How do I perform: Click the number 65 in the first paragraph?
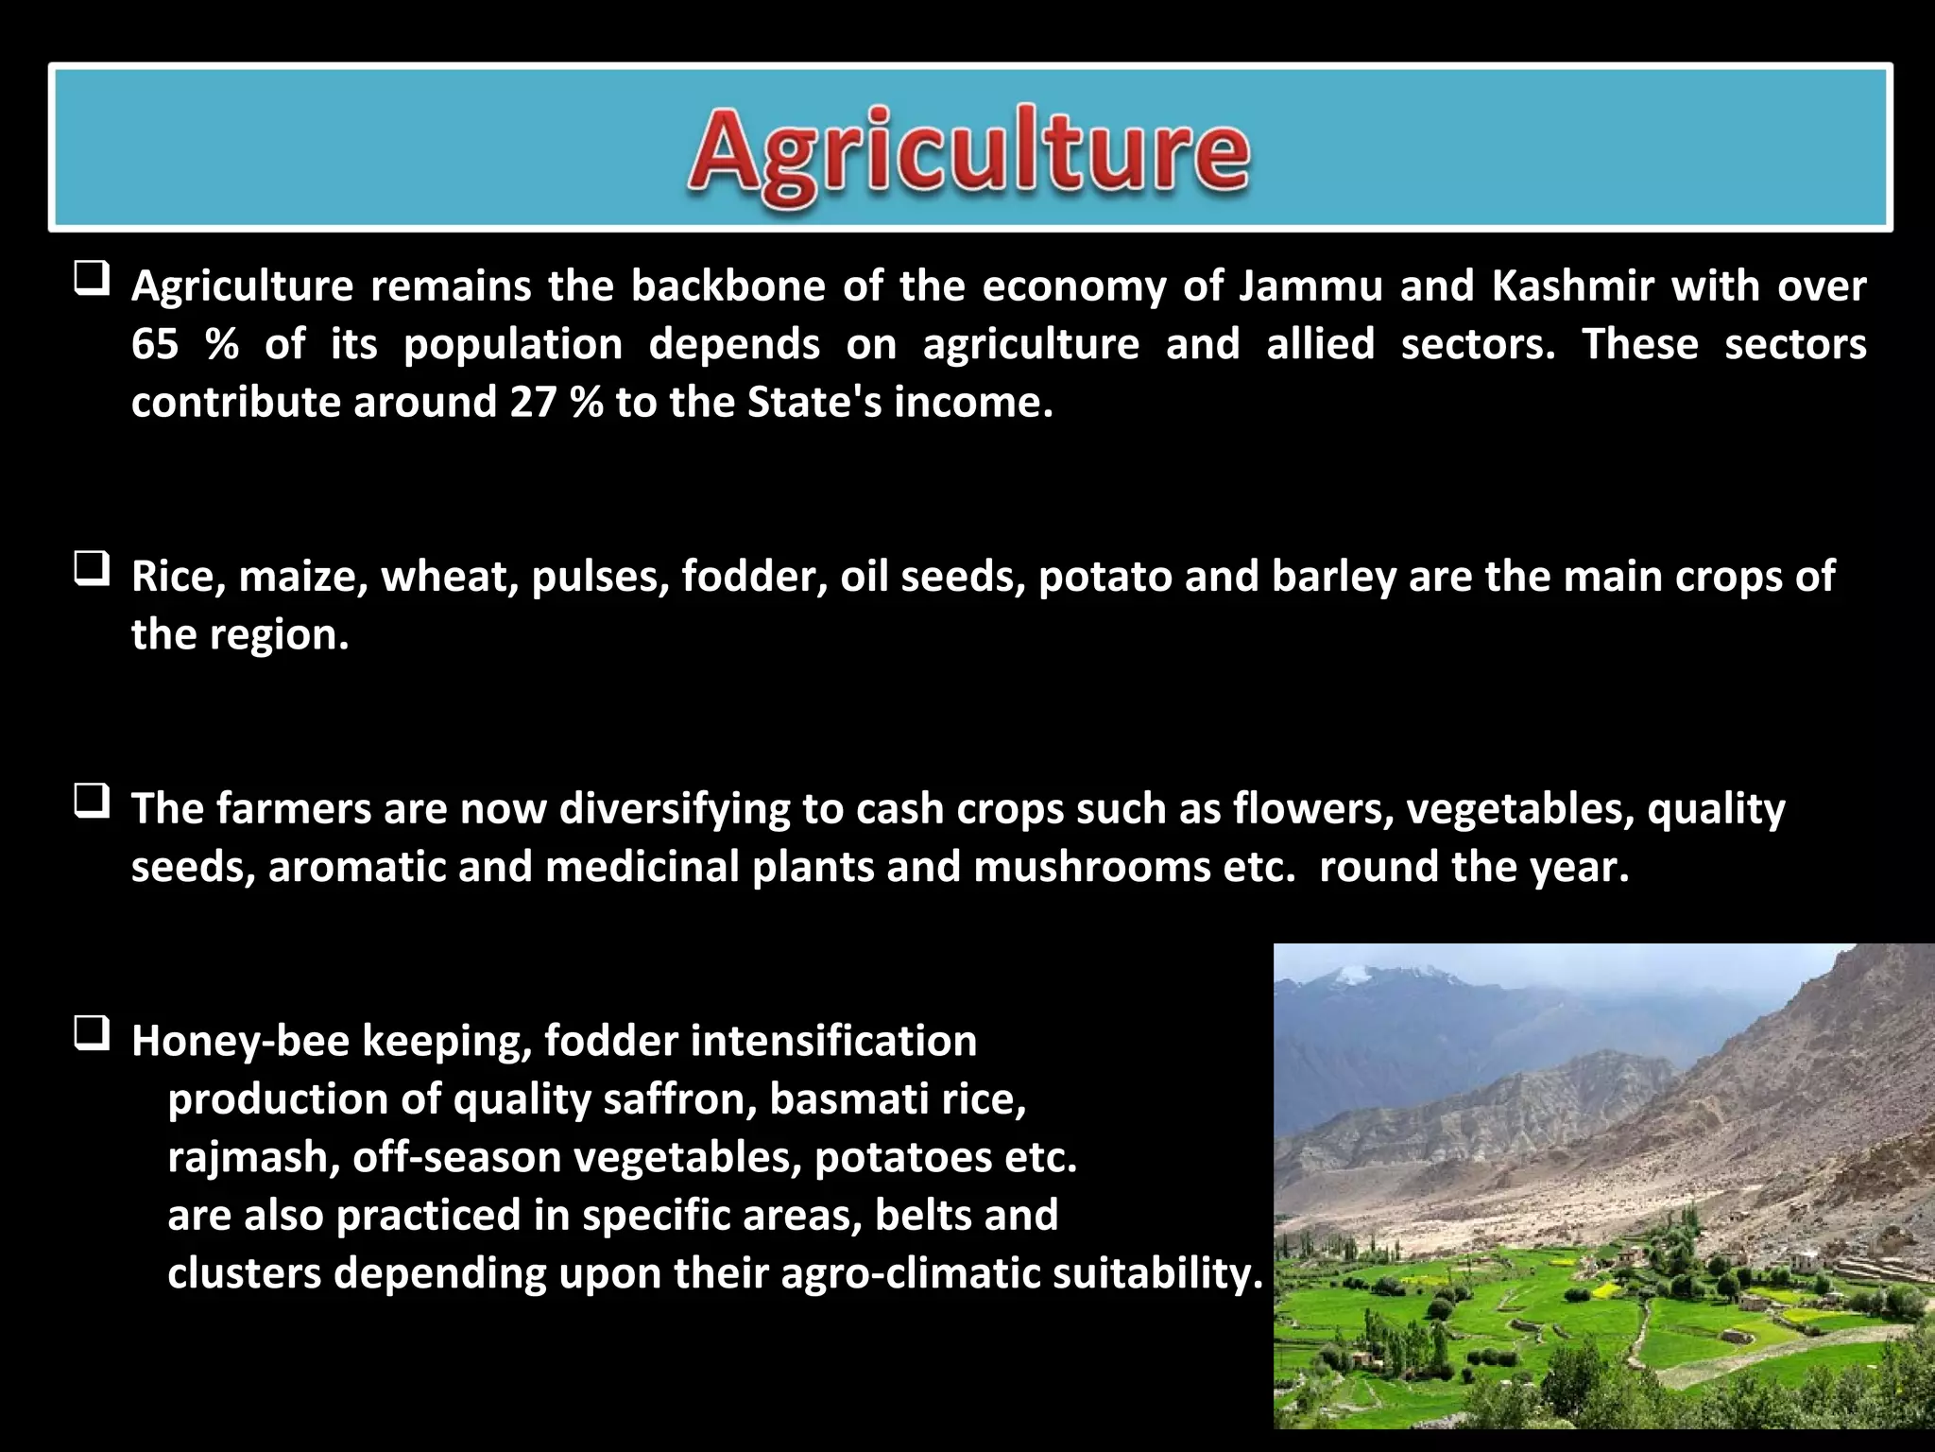click(x=155, y=344)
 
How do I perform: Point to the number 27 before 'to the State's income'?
click(x=533, y=403)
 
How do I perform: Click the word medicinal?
click(x=642, y=867)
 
